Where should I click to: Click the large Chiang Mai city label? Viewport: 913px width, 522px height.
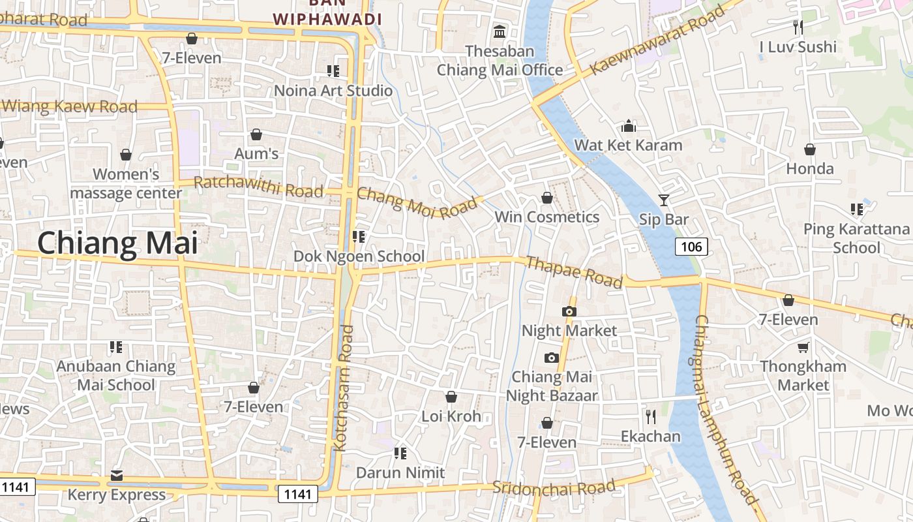[117, 243]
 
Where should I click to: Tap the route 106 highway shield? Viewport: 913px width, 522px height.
[691, 247]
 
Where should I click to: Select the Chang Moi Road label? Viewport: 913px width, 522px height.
[417, 202]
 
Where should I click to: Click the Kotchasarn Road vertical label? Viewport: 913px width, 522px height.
[343, 388]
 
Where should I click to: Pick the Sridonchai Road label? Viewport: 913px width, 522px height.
[554, 487]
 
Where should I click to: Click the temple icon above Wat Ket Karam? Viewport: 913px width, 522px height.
[629, 125]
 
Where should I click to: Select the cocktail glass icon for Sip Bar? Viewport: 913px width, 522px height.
[664, 200]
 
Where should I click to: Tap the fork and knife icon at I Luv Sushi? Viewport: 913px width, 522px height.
[798, 27]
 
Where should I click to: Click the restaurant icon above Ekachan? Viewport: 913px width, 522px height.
[650, 416]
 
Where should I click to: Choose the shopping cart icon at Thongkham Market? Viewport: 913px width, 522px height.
[803, 347]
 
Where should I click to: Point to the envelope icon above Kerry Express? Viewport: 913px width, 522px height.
[117, 475]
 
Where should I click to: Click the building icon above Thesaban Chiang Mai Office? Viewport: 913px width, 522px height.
[500, 31]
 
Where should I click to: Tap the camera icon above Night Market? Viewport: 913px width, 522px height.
[569, 311]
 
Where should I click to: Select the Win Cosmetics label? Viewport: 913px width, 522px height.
[546, 217]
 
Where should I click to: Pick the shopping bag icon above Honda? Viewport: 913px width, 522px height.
[809, 149]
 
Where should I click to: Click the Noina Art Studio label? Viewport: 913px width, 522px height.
[333, 90]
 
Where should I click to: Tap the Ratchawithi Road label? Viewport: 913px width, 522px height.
[258, 187]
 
